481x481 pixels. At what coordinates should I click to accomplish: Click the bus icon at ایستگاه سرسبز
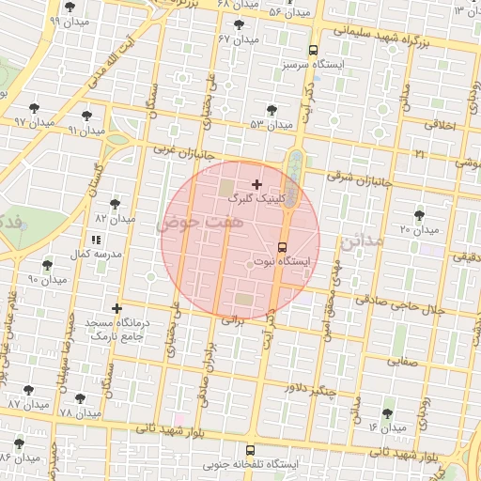coord(313,51)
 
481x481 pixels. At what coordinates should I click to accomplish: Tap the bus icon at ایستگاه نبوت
coord(282,248)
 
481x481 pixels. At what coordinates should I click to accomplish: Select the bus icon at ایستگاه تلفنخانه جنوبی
coord(250,451)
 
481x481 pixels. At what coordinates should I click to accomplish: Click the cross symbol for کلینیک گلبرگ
coord(256,184)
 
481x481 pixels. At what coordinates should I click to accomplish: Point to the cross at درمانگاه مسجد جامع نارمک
coord(116,308)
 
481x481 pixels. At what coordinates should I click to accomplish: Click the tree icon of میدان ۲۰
coord(419,215)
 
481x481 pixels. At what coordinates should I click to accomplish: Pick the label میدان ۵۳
coord(271,124)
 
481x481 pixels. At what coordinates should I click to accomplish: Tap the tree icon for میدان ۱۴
coord(389,413)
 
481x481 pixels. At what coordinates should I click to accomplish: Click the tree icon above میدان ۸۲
coord(115,203)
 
